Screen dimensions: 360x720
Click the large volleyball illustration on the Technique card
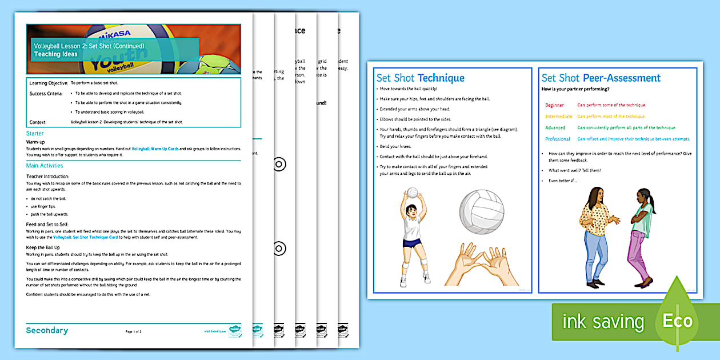tap(482, 211)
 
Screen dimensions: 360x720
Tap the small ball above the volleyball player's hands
tap(412, 193)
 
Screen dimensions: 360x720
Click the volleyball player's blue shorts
tap(412, 242)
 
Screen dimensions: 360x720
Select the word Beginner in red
tap(554, 105)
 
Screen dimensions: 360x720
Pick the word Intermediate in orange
tap(558, 117)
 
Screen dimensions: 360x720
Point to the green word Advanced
tap(555, 128)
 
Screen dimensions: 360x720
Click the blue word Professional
tap(558, 139)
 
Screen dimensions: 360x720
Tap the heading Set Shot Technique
tap(420, 78)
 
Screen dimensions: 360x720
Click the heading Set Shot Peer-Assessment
tap(601, 78)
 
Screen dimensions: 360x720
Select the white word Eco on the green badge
tap(678, 320)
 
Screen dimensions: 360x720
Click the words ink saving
tap(603, 322)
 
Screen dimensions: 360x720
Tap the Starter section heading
tap(35, 133)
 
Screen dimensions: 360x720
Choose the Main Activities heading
tap(45, 166)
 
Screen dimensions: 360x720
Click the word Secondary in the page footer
tap(47, 330)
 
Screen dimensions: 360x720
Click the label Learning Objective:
tap(47, 83)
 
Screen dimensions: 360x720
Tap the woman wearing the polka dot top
tap(594, 234)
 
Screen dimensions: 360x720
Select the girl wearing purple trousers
tap(641, 237)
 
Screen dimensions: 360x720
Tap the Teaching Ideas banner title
tap(55, 54)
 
